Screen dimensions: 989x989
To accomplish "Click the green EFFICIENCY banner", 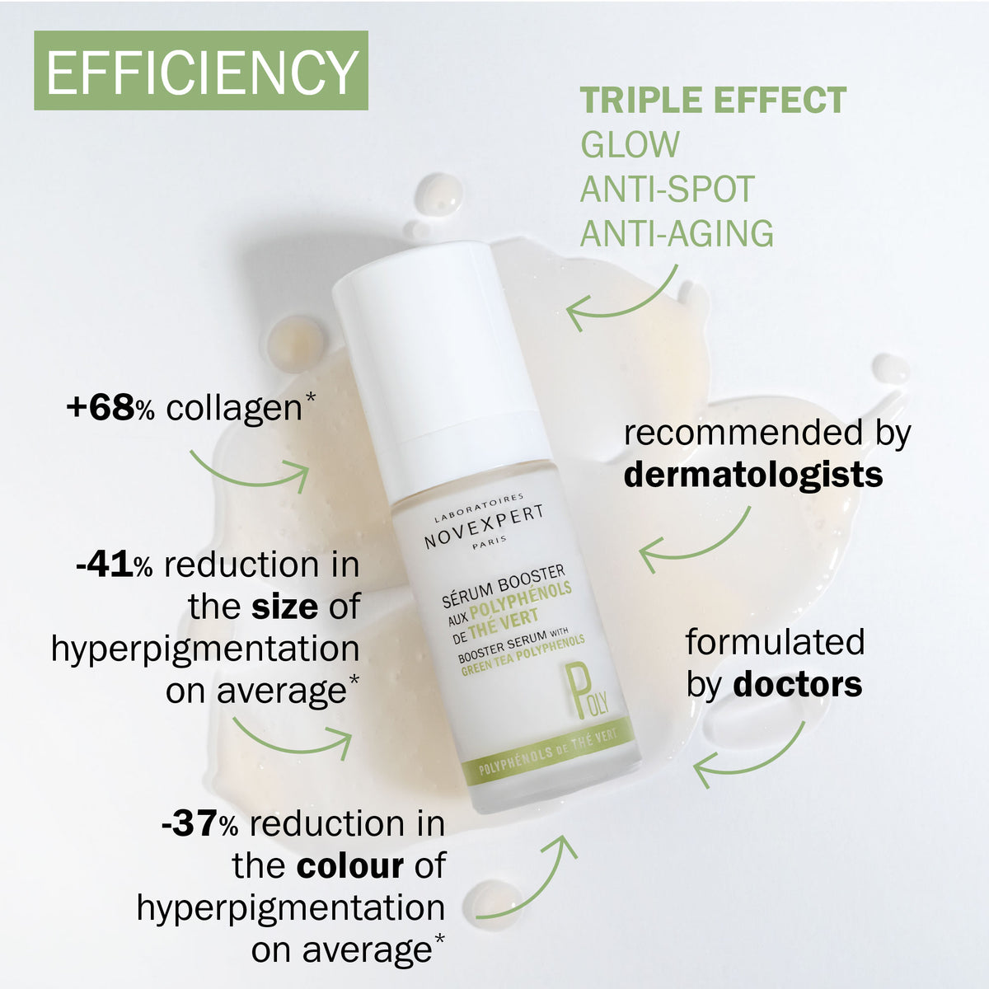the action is (200, 70).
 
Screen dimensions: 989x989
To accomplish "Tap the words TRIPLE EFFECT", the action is (713, 100).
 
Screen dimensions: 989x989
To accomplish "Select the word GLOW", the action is (630, 144).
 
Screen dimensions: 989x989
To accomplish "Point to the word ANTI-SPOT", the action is (668, 189).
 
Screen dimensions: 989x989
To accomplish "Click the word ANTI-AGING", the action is (677, 233).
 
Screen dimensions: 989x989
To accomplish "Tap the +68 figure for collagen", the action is (101, 408).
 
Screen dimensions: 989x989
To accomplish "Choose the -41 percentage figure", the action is (105, 565).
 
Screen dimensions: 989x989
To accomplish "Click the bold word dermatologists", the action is (753, 476).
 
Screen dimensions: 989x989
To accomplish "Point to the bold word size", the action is (285, 607).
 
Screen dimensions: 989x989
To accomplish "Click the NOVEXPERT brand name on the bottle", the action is (484, 527).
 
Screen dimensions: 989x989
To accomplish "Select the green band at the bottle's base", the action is (549, 752).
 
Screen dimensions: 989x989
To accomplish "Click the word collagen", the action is (234, 409).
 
